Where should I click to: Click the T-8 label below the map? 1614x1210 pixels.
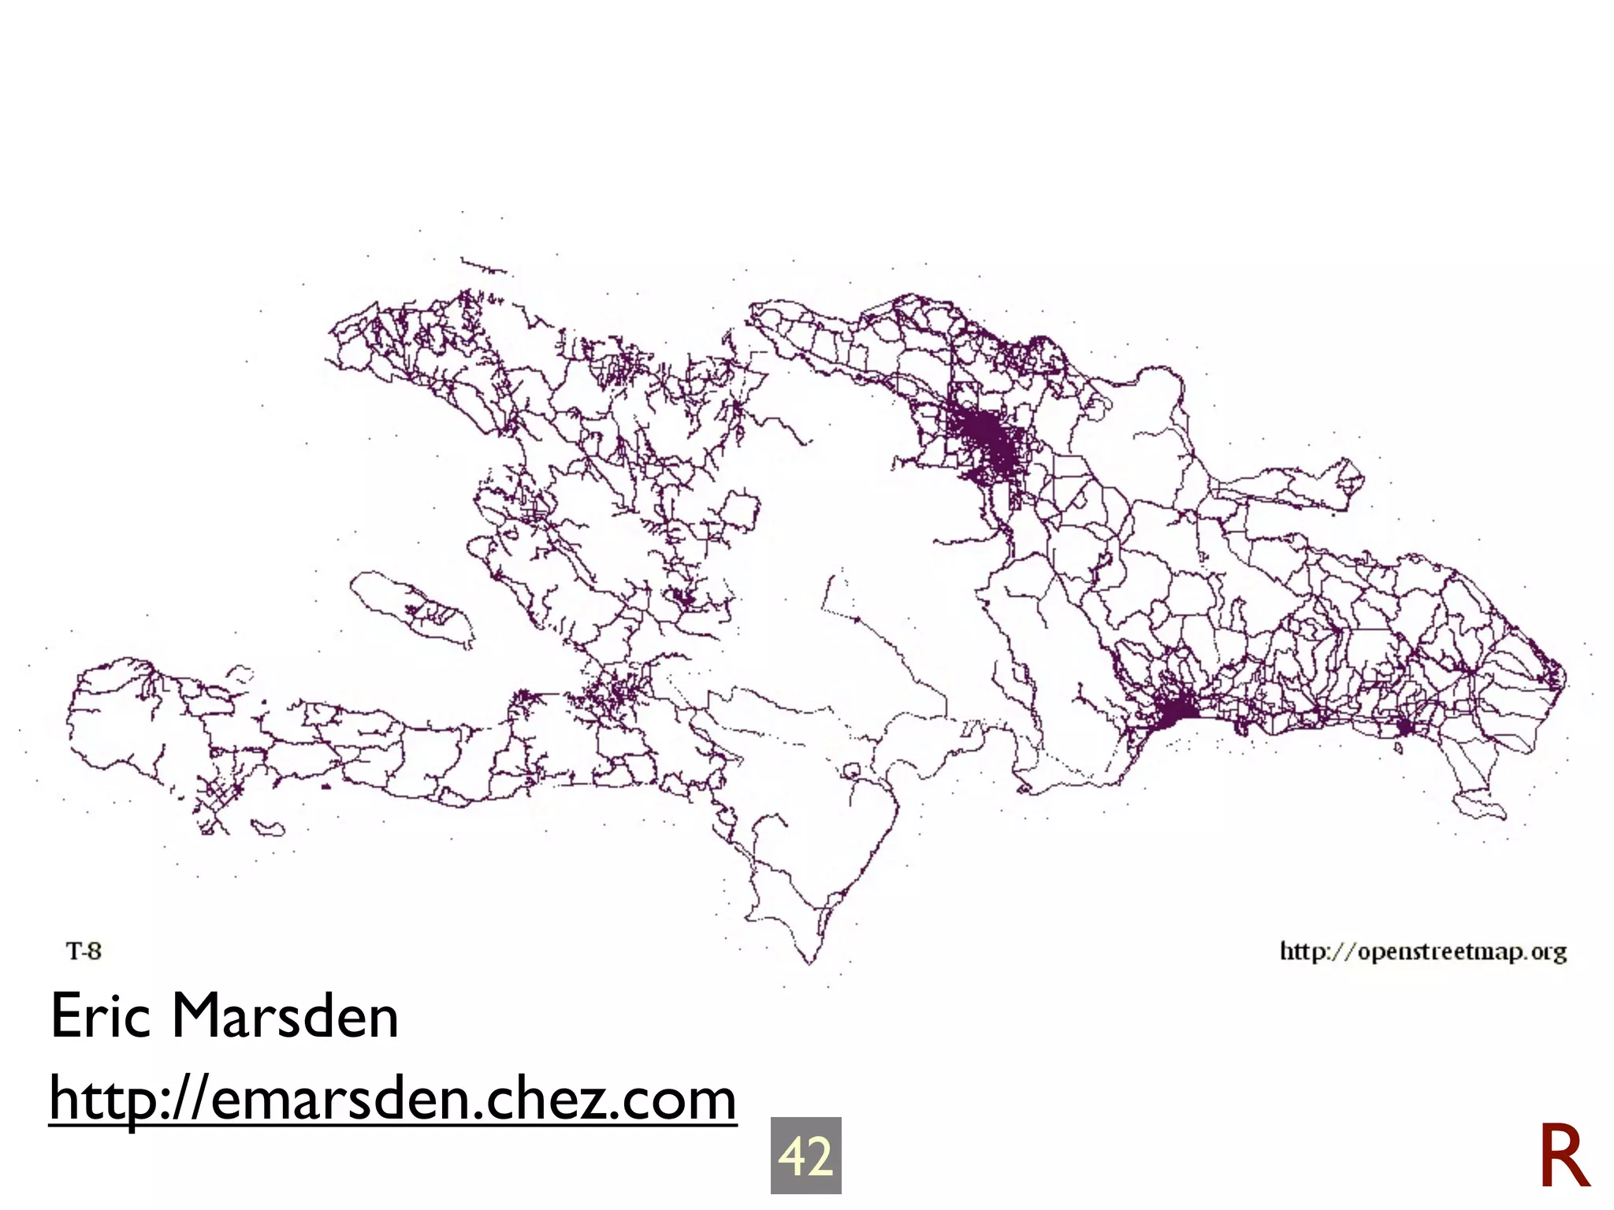pos(84,952)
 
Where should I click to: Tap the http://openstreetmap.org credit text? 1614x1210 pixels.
pos(1422,952)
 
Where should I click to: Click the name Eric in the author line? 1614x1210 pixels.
pos(100,1016)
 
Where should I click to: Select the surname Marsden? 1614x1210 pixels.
pos(284,1016)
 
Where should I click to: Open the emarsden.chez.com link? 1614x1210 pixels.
pos(392,1099)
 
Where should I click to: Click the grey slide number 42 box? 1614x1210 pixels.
pos(805,1155)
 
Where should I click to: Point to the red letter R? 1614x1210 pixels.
pos(1564,1156)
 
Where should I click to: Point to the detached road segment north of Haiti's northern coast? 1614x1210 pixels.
pos(483,266)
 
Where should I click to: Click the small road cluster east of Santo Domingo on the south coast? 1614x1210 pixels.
pos(1404,726)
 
